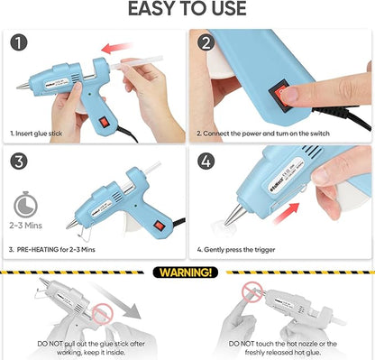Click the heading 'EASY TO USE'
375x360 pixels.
pos(187,9)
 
